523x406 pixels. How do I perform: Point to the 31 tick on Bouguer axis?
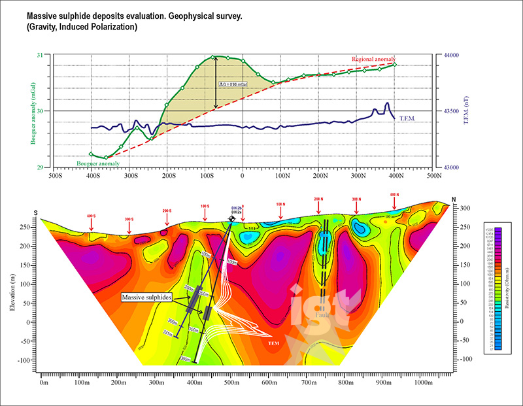[x=41, y=55]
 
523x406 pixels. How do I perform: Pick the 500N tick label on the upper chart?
[x=433, y=175]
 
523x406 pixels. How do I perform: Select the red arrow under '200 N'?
[x=318, y=207]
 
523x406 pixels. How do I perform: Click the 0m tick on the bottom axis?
[x=44, y=382]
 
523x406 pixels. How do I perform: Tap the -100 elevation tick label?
[x=25, y=360]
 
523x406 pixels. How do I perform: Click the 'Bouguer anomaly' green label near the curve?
[x=93, y=162]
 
